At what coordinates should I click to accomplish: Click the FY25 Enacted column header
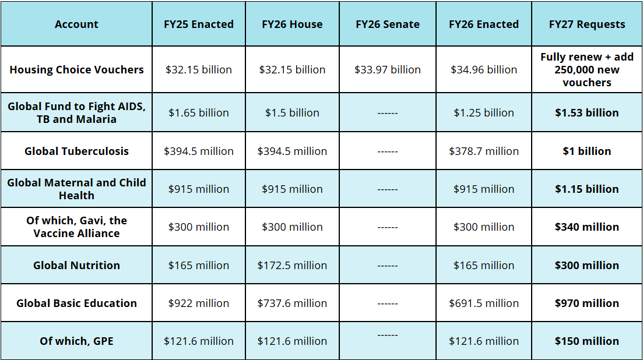(x=198, y=24)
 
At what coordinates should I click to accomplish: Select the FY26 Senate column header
(x=387, y=24)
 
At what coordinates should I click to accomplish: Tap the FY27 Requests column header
(x=586, y=24)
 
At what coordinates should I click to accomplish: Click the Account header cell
(x=76, y=24)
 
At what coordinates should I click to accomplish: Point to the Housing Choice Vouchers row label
(x=76, y=70)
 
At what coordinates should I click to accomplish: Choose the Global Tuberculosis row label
(x=76, y=151)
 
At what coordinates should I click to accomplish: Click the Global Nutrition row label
(x=76, y=266)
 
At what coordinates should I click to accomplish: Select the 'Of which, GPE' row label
(x=76, y=341)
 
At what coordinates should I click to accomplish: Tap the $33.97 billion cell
(x=387, y=70)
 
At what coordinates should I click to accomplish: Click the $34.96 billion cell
(x=483, y=70)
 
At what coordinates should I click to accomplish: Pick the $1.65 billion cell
(x=198, y=113)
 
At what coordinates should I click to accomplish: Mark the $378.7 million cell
(x=483, y=151)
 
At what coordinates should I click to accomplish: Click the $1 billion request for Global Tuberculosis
(x=586, y=151)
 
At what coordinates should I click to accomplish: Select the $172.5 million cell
(x=292, y=266)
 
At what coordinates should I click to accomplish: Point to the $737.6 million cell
(x=292, y=303)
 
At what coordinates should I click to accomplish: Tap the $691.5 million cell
(x=483, y=303)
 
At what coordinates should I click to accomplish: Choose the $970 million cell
(x=586, y=303)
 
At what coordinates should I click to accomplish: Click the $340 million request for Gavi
(x=586, y=227)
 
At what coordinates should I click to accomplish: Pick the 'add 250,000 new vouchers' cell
(x=586, y=70)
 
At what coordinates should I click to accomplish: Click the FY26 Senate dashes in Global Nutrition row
(x=387, y=266)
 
